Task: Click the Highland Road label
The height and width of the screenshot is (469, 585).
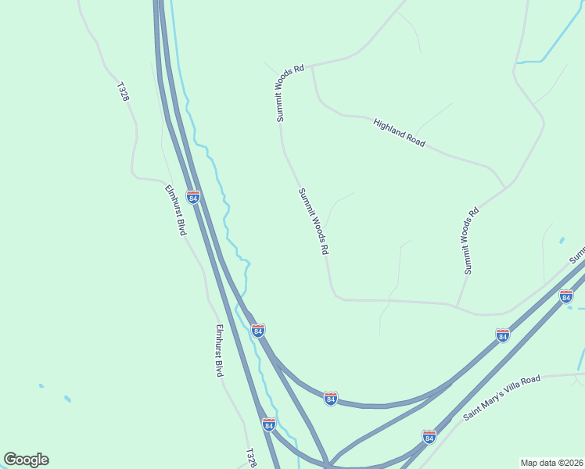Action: [399, 133]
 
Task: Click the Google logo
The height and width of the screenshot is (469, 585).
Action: [26, 460]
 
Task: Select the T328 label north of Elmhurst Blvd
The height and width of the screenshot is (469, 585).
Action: [123, 92]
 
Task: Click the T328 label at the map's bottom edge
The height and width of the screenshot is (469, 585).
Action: [250, 458]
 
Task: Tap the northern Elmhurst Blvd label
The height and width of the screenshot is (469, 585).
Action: [175, 210]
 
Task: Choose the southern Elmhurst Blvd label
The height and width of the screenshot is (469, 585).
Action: [220, 350]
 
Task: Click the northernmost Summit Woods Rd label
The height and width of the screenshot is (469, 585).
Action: [289, 94]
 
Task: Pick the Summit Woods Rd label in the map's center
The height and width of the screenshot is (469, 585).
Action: [313, 221]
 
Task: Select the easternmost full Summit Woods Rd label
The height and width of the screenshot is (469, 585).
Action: [469, 241]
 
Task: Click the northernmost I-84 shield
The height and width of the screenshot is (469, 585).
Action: [192, 196]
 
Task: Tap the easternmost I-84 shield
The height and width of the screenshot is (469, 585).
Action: [566, 296]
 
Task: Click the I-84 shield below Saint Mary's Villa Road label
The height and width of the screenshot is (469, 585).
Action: [429, 436]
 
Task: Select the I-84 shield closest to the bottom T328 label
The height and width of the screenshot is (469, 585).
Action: [269, 424]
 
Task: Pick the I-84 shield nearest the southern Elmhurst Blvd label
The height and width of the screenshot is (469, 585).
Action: [257, 331]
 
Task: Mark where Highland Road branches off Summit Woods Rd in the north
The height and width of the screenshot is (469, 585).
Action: [312, 66]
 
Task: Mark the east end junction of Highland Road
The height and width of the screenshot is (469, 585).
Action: [505, 187]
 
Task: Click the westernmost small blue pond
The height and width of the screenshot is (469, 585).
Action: [41, 385]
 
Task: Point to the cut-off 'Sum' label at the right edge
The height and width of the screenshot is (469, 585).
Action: [577, 255]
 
